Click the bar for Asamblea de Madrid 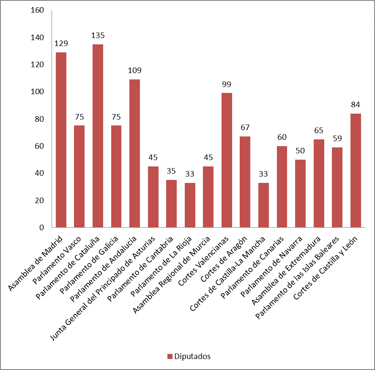[x=61, y=140]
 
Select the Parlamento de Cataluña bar [x=98, y=136]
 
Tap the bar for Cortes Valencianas [x=227, y=160]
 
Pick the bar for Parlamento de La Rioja [x=190, y=205]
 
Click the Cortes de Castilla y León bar [x=356, y=170]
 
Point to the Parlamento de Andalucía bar [x=134, y=153]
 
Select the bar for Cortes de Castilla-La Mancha [x=263, y=205]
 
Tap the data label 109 [x=134, y=71]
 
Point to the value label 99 [x=227, y=84]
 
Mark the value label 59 [x=337, y=139]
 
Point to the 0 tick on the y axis [x=41, y=227]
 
